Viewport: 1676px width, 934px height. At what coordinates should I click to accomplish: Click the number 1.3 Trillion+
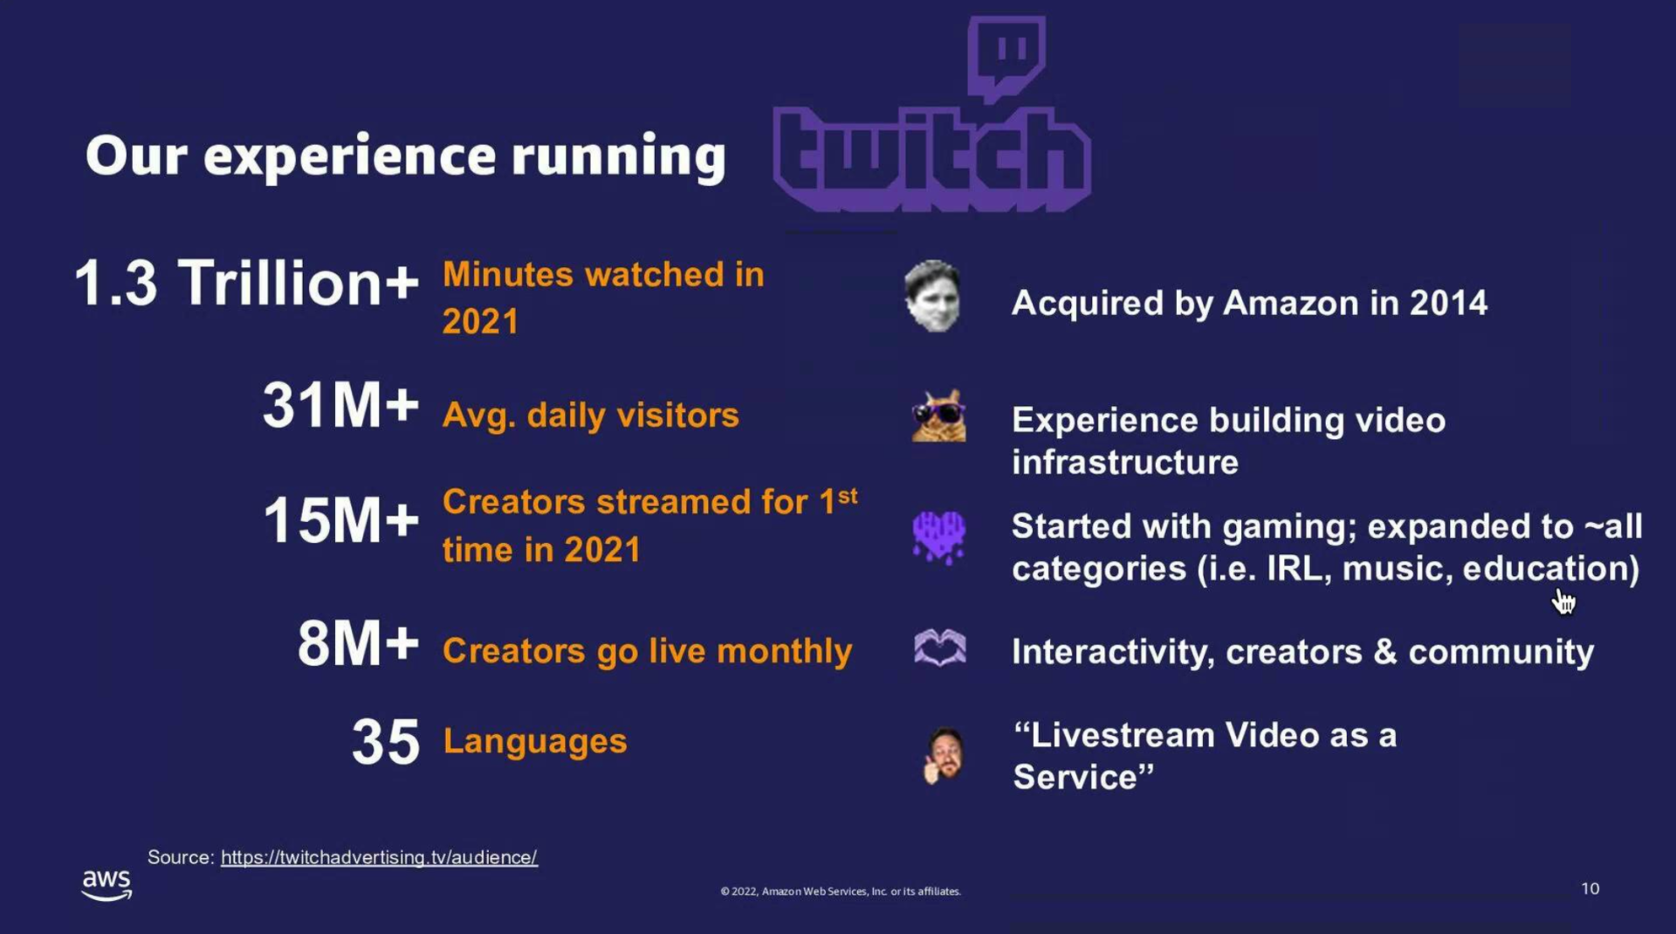click(246, 284)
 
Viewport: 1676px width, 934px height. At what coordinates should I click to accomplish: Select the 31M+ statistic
click(340, 406)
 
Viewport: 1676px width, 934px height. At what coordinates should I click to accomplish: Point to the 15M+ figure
click(340, 521)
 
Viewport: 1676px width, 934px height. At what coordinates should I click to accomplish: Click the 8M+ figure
click(358, 644)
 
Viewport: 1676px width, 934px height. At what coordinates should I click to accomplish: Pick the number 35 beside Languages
click(385, 742)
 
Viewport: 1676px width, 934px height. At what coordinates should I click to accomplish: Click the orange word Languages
click(535, 741)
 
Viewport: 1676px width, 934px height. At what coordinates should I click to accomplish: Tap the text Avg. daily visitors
click(590, 415)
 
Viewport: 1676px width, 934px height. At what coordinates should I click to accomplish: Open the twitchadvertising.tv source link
click(379, 857)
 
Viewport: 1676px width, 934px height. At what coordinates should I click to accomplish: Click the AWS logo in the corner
click(106, 883)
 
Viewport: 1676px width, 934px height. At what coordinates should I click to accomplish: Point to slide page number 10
click(1590, 889)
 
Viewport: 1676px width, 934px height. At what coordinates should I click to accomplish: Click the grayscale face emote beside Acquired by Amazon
click(933, 296)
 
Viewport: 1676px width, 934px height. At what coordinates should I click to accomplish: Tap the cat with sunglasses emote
click(939, 416)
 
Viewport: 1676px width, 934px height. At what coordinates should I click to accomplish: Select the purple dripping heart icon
click(938, 536)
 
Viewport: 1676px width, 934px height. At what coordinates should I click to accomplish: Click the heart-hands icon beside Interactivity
click(939, 649)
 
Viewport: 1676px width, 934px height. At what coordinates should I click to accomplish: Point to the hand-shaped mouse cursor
click(1563, 601)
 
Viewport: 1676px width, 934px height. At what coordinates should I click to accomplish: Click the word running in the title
click(618, 157)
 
